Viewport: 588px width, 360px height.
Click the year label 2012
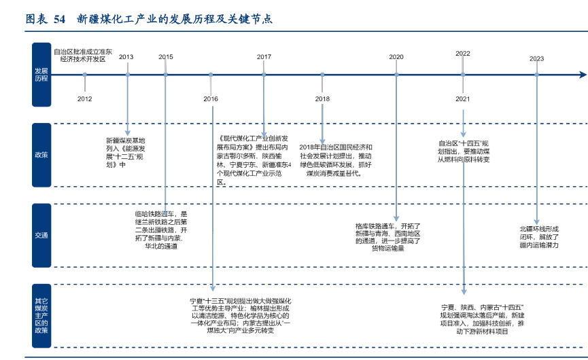[x=84, y=99]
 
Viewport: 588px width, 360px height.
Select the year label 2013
[x=126, y=57]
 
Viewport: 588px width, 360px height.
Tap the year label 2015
[x=166, y=57]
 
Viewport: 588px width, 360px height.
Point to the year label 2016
[x=211, y=99]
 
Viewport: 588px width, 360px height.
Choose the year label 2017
[x=264, y=57]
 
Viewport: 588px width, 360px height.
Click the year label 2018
[x=322, y=99]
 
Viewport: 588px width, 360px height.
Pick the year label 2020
[x=396, y=57]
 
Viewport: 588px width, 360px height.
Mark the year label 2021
[x=463, y=99]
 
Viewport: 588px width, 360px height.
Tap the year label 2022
[x=463, y=53]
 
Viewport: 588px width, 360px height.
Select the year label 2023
[x=536, y=58]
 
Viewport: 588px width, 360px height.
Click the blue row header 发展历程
[x=41, y=74]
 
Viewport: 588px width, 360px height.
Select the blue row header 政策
[x=41, y=155]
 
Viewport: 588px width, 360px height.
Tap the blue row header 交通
[x=41, y=236]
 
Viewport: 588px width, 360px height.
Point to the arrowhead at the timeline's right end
[x=583, y=74]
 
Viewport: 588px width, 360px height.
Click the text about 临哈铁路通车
[x=160, y=230]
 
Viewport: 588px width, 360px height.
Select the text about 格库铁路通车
[x=387, y=237]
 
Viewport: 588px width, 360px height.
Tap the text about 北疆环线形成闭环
[x=539, y=237]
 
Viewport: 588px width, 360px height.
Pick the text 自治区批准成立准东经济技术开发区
[x=82, y=55]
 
